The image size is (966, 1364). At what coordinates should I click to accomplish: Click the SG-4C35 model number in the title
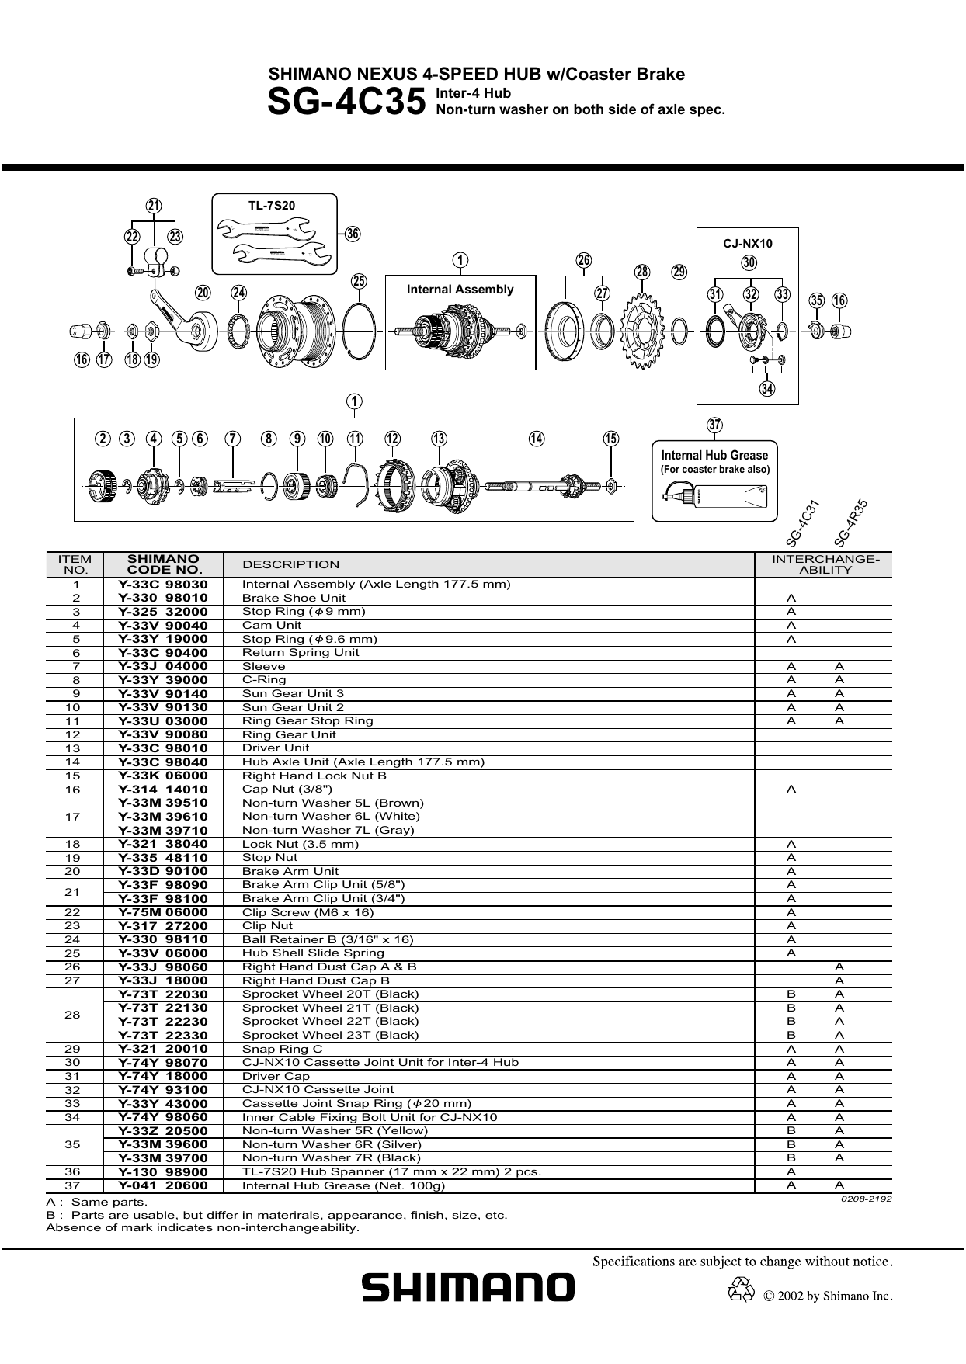click(x=346, y=102)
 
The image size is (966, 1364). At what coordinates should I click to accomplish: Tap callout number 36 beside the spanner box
click(x=353, y=234)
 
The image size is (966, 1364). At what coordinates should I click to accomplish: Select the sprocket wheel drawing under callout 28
click(x=642, y=331)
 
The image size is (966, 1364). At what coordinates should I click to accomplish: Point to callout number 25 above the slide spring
click(x=359, y=281)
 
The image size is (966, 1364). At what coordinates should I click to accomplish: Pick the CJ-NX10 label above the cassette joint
click(x=748, y=244)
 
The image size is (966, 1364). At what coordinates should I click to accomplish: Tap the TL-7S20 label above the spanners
click(x=272, y=206)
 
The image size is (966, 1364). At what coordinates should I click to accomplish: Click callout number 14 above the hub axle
click(x=537, y=439)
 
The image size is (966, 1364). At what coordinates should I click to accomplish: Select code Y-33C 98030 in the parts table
click(x=163, y=585)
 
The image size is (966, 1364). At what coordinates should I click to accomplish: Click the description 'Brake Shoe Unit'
click(x=294, y=598)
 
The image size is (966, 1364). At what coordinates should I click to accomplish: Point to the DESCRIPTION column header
click(x=291, y=564)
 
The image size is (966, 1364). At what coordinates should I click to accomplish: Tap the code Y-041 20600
click(x=163, y=1185)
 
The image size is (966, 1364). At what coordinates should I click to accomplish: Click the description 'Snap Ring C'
click(x=282, y=1049)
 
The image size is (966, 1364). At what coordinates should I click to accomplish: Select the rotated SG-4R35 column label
click(x=850, y=524)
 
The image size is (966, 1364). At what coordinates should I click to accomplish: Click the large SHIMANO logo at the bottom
click(x=468, y=1288)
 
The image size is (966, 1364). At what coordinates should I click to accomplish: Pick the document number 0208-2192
click(x=866, y=1199)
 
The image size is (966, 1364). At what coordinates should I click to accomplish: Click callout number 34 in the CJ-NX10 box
click(x=767, y=388)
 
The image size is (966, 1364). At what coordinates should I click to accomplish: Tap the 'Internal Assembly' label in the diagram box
click(x=460, y=290)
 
